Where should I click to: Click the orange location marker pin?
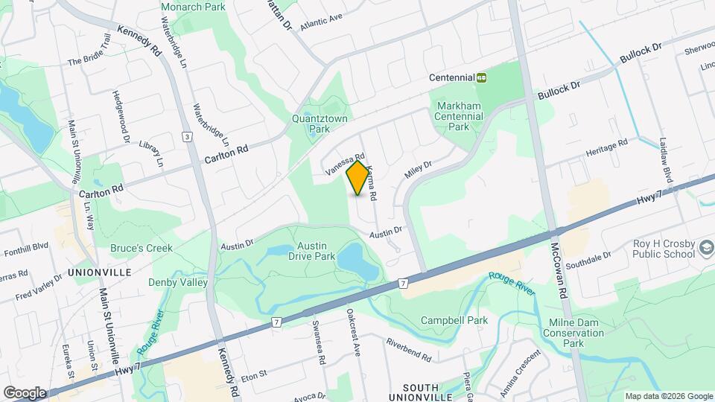pyautogui.click(x=358, y=177)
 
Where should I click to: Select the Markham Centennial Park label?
pyautogui.click(x=460, y=116)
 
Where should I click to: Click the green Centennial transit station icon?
pyautogui.click(x=482, y=77)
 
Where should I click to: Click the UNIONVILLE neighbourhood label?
pyautogui.click(x=99, y=272)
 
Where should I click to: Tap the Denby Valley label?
pyautogui.click(x=177, y=283)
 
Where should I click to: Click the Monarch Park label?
pyautogui.click(x=193, y=7)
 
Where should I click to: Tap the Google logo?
pyautogui.click(x=25, y=393)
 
